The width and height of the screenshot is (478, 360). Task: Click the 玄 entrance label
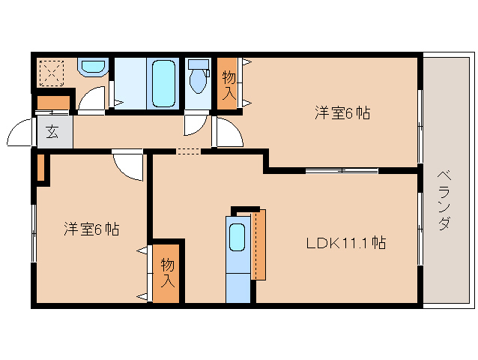coord(53,133)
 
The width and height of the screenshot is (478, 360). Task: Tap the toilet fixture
coord(199,78)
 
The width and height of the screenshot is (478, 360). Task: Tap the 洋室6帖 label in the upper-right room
coord(342,113)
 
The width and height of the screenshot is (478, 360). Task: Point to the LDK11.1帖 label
coord(345,243)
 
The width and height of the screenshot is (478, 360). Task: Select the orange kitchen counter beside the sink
coord(258,244)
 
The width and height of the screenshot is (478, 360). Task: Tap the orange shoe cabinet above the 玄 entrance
coord(53,103)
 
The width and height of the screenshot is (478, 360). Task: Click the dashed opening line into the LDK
coord(189,151)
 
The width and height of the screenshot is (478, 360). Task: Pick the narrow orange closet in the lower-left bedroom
coord(42,168)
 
